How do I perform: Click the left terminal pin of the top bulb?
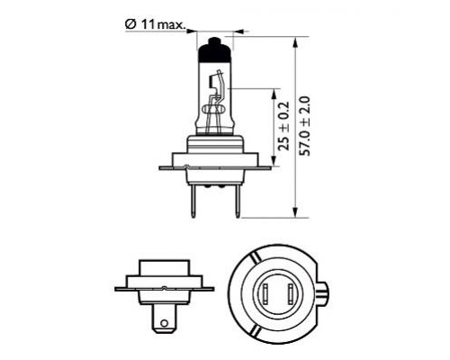tap(194, 199)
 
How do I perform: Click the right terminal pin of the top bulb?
tap(236, 200)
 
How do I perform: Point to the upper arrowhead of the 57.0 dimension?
tap(296, 41)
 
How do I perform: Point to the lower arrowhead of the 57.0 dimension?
tap(296, 212)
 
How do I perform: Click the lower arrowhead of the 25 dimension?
tap(271, 161)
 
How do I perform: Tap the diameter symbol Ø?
tap(130, 24)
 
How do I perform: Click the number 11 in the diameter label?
tap(146, 24)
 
